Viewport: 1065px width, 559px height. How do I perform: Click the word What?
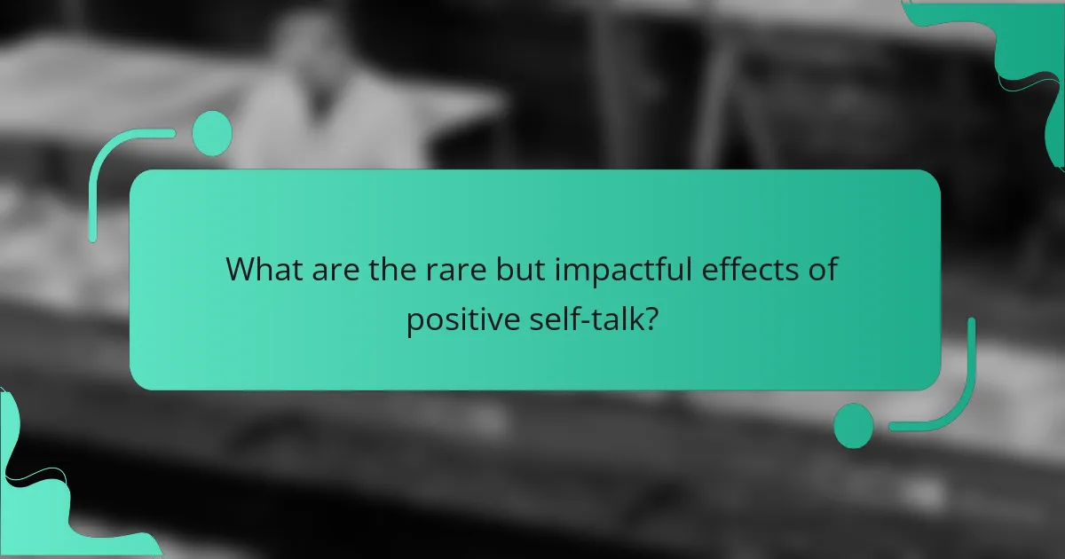pos(264,269)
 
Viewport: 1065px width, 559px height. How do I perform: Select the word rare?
pos(446,269)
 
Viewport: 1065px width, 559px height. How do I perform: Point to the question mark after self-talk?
pos(651,320)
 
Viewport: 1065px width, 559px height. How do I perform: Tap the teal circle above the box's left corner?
pos(212,133)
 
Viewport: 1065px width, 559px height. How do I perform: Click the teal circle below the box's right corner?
pos(853,425)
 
